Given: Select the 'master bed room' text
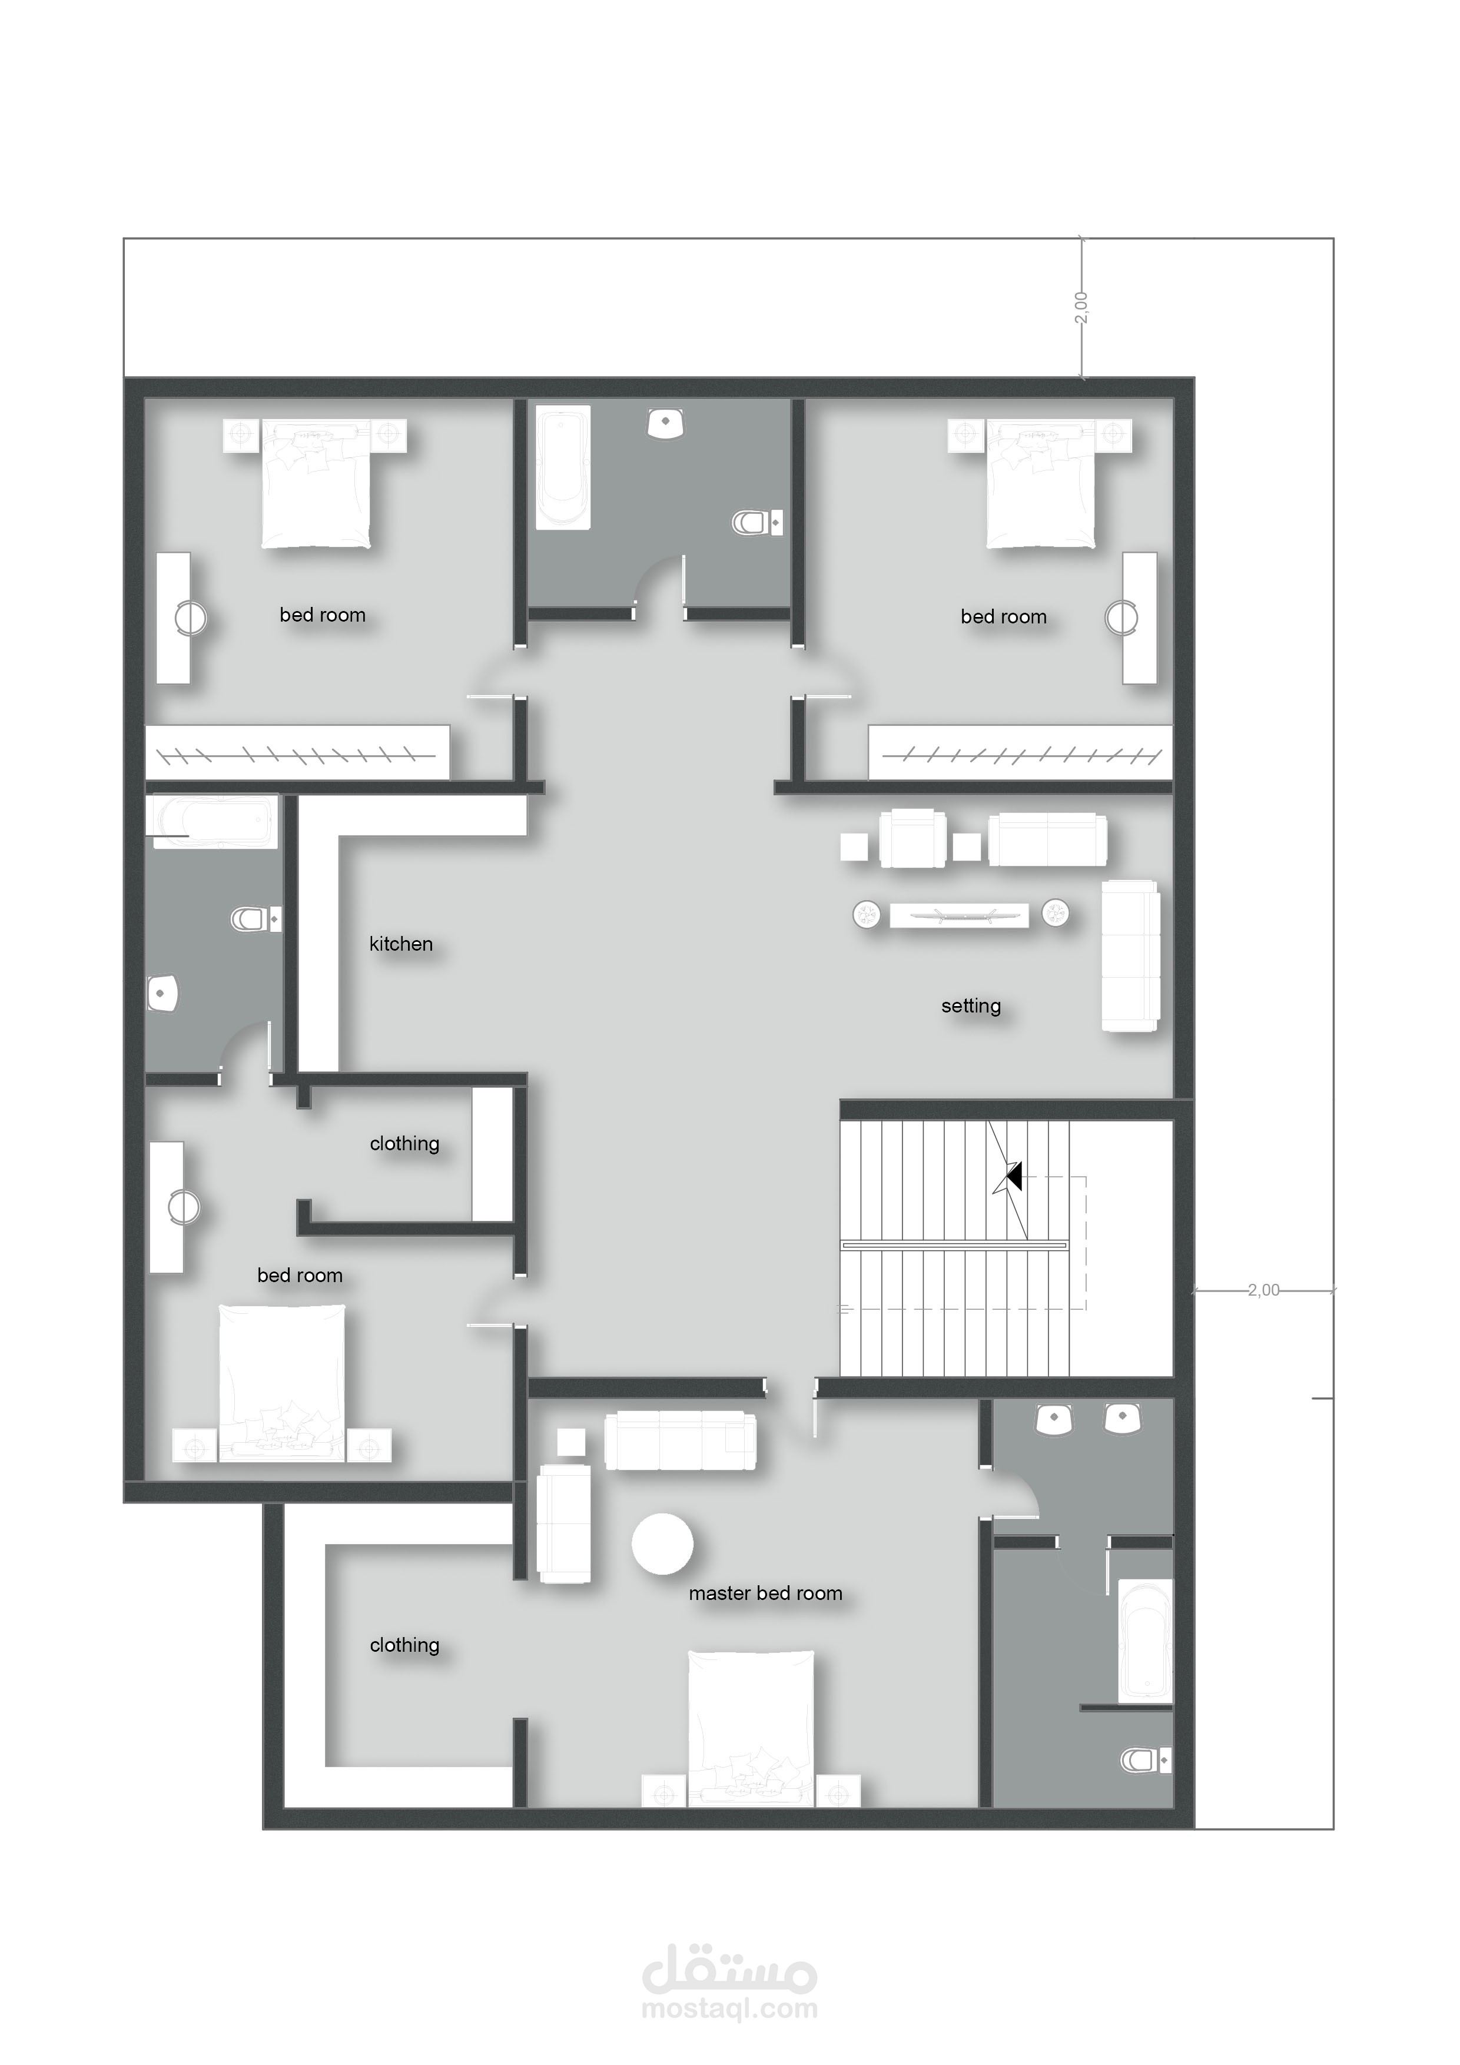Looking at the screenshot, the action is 765,1593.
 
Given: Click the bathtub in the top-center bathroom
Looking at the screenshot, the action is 563,467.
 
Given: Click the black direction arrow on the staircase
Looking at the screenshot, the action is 1014,1176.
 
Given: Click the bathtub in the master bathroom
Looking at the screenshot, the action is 1145,1641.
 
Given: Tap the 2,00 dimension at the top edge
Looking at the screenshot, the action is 1081,308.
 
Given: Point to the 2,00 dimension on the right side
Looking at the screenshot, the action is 1263,1290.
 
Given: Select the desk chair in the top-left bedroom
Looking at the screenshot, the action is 190,618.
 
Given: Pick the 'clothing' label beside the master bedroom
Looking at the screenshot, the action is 405,1645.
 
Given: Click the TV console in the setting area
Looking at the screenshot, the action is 959,915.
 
